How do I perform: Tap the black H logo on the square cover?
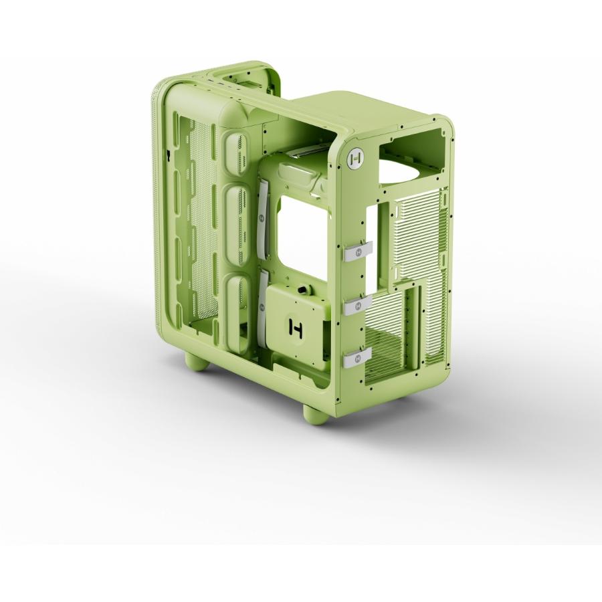[296, 328]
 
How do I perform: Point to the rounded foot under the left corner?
[197, 363]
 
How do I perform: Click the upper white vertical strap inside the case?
[263, 219]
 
